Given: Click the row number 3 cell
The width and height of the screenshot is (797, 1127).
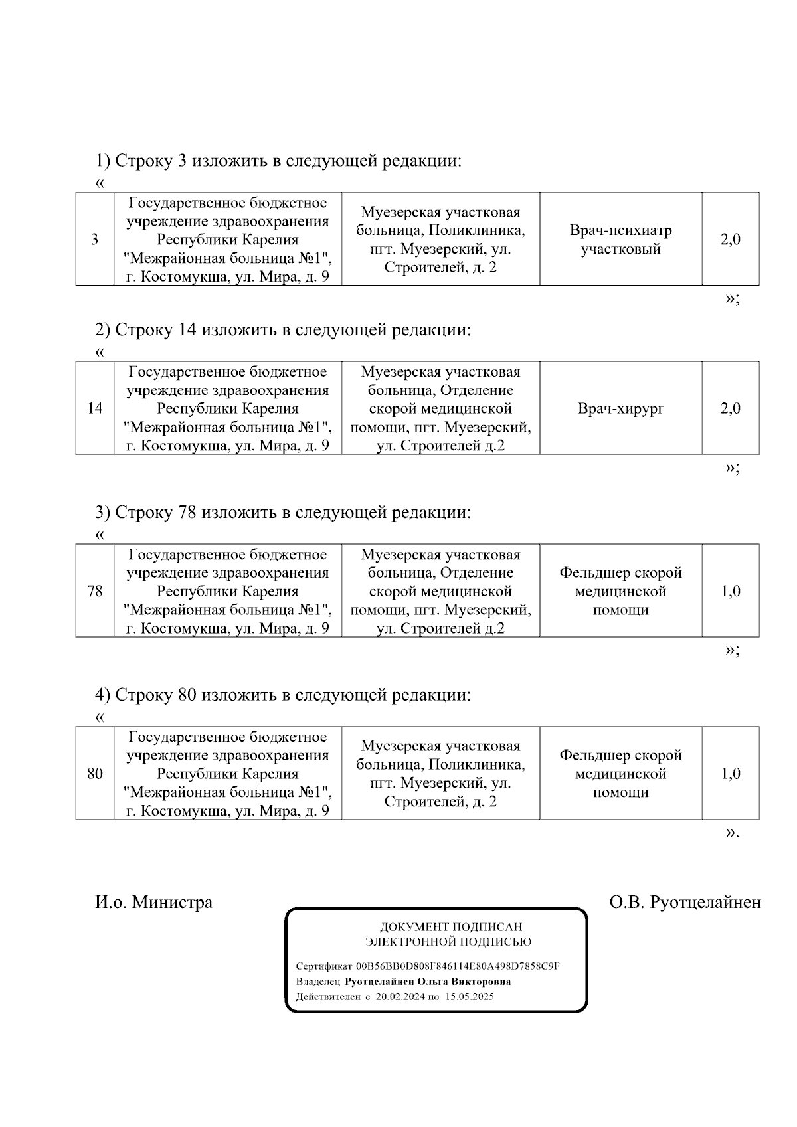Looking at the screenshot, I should click(95, 240).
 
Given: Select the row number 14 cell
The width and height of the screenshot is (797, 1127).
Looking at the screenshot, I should click(95, 408).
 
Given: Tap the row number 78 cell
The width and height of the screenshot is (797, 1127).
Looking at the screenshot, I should click(95, 591).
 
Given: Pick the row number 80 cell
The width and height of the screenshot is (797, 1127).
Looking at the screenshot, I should click(95, 774).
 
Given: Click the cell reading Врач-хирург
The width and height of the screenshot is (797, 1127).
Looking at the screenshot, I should click(621, 408).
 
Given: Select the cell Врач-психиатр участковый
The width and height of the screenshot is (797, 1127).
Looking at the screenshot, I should click(621, 240).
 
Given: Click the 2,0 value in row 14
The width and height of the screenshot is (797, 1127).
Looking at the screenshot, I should click(731, 408).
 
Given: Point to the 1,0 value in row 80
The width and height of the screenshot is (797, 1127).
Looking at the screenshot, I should click(731, 774).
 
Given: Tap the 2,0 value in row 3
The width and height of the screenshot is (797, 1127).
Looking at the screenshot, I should click(731, 240).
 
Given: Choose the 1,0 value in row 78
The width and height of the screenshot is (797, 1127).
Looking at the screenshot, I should click(731, 591).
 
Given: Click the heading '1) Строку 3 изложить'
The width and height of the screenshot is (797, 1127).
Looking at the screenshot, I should click(278, 161).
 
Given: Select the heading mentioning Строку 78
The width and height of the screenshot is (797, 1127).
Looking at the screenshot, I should click(283, 512).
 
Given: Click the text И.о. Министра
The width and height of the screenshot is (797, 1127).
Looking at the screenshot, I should click(154, 902).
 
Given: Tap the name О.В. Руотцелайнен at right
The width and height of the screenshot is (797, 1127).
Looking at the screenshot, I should click(685, 902).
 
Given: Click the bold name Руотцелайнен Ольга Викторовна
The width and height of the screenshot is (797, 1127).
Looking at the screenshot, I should click(428, 982).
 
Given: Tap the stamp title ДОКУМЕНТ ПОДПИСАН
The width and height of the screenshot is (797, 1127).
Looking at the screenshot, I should click(450, 926).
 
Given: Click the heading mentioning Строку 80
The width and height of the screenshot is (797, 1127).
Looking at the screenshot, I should click(283, 695).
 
